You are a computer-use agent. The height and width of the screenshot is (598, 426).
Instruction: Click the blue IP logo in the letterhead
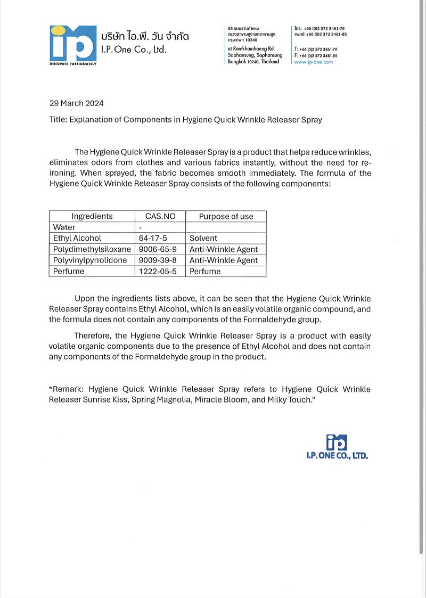pyautogui.click(x=73, y=44)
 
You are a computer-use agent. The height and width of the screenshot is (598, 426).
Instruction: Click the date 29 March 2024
pyautogui.click(x=76, y=103)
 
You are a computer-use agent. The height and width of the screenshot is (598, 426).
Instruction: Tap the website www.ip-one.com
pyautogui.click(x=313, y=62)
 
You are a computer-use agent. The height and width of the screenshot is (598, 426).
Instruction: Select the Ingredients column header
pyautogui.click(x=92, y=216)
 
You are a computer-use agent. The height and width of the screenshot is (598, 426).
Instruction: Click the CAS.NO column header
pyautogui.click(x=160, y=216)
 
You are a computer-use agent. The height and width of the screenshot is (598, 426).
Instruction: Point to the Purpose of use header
pyautogui.click(x=226, y=216)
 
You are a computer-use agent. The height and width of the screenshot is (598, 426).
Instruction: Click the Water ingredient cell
pyautogui.click(x=64, y=227)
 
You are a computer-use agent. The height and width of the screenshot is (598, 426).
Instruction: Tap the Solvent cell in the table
pyautogui.click(x=203, y=238)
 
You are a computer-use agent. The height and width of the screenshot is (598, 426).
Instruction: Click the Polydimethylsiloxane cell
pyautogui.click(x=92, y=249)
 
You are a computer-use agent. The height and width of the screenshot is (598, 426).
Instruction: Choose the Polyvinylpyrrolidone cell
pyautogui.click(x=90, y=260)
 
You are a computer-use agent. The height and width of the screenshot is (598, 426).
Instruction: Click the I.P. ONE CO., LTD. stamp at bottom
pyautogui.click(x=337, y=447)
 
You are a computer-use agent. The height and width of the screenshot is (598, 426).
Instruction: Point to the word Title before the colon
pyautogui.click(x=58, y=120)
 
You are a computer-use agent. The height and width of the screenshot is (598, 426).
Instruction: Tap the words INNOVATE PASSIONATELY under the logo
pyautogui.click(x=73, y=63)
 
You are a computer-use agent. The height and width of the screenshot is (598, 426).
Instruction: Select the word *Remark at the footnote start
pyautogui.click(x=66, y=389)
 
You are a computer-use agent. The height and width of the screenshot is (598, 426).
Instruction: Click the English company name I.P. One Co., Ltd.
pyautogui.click(x=134, y=50)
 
